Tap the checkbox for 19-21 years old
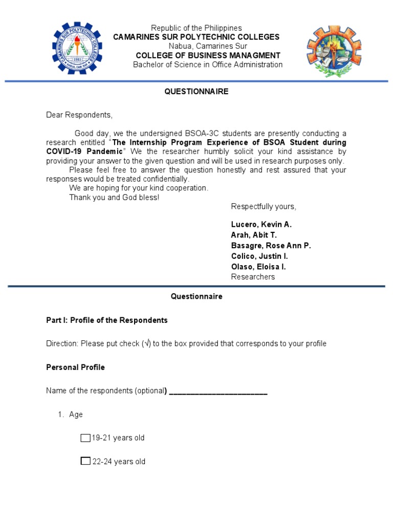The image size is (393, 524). click(85, 438)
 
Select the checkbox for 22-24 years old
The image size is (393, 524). click(85, 462)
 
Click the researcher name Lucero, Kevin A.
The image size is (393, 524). click(261, 224)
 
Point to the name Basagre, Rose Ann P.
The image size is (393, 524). click(271, 246)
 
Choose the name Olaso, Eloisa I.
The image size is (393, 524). click(258, 267)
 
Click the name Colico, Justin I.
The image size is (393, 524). click(259, 256)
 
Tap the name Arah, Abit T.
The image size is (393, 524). click(254, 235)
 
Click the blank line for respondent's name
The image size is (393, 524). click(218, 391)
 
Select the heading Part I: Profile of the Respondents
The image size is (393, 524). click(107, 320)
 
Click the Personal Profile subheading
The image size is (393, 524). click(75, 367)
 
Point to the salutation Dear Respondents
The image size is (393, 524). click(79, 115)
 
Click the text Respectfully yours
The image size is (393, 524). click(264, 207)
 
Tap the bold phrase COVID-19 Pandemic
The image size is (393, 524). click(84, 151)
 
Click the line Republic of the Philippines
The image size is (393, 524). click(196, 28)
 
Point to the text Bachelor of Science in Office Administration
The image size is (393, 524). click(208, 64)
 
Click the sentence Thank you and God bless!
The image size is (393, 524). click(114, 198)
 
